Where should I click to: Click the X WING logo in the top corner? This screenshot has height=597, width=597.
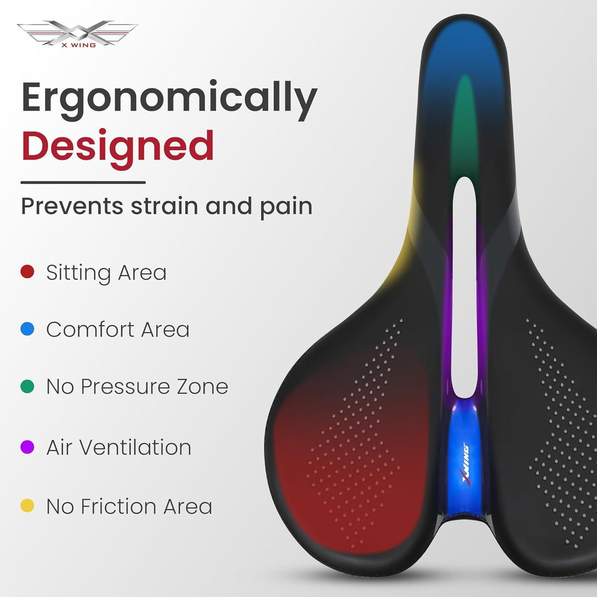coord(78,34)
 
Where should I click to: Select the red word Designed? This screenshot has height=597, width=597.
coord(118,147)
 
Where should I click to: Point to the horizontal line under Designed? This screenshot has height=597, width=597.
coord(83,182)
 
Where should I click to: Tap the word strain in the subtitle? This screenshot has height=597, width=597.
coord(164,206)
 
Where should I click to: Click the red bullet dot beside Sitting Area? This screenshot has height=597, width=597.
coord(27,272)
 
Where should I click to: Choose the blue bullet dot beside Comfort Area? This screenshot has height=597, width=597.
coord(27,329)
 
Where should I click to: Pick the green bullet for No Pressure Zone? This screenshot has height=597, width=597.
coord(27,386)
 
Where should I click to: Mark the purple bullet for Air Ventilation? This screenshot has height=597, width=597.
coord(27,447)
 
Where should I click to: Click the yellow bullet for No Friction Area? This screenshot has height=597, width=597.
coord(27,506)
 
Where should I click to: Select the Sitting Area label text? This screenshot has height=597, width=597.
coord(106,273)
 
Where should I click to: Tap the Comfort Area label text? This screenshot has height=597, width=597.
coord(118,329)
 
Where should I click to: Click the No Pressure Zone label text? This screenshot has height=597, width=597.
coord(137,387)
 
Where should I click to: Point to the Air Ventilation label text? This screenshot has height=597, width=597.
coord(119,447)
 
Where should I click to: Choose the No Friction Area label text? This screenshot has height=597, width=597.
coord(129,507)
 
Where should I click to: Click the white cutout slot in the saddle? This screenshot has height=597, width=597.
coord(464,288)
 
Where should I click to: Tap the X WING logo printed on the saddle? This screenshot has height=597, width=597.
coord(466,465)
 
